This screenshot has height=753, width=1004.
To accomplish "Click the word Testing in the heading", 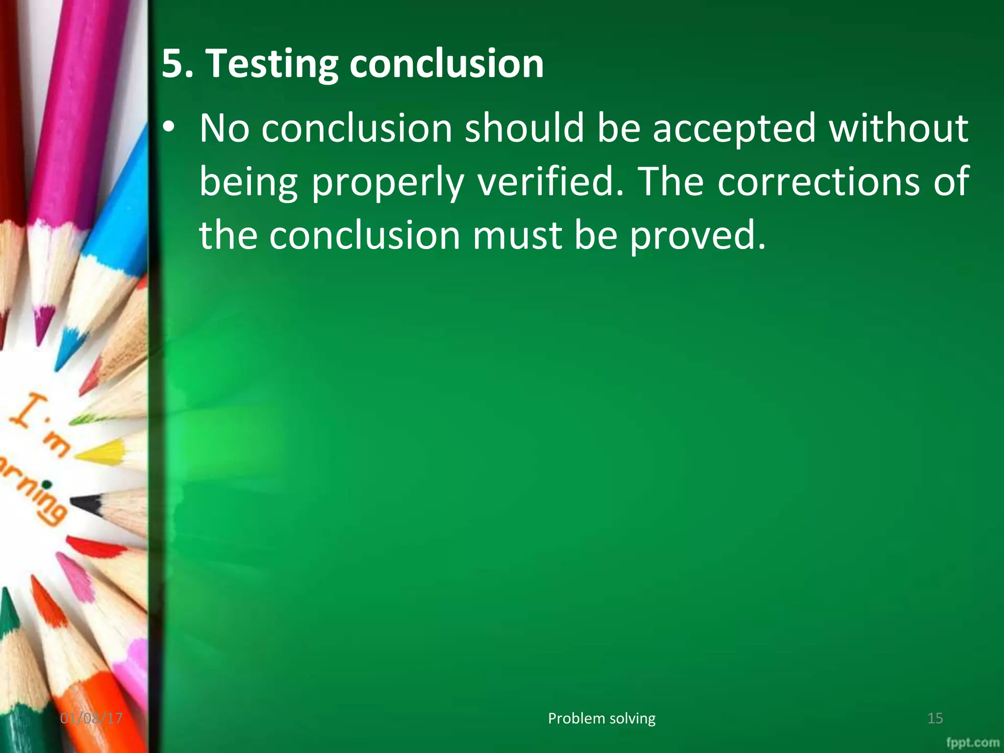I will point(271,64).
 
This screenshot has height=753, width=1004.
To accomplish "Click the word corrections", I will point(819,181).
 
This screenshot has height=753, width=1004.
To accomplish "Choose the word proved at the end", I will point(697,236).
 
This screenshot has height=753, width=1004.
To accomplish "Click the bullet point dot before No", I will point(169,128).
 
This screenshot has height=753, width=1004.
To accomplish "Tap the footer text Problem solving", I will point(602,718).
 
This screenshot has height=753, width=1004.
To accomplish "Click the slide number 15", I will point(935,718).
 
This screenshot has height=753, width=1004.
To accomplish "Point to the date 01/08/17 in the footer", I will point(91,718).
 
